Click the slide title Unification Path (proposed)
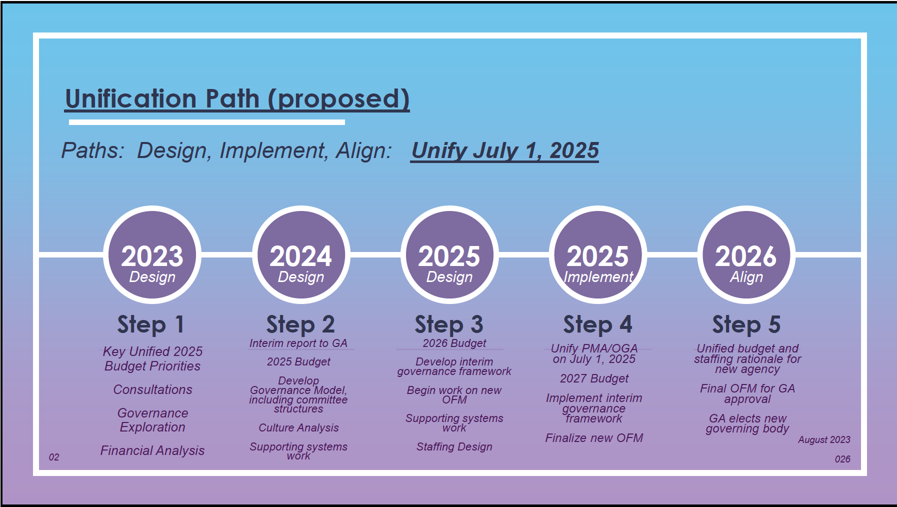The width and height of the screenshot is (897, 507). [237, 99]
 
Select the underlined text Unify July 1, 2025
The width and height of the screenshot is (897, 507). [505, 150]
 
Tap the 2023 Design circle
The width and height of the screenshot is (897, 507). [152, 255]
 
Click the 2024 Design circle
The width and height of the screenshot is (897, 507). [301, 255]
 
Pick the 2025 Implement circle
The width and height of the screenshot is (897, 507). [598, 255]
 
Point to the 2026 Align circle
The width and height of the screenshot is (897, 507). [746, 255]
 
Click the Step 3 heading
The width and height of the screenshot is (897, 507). [449, 324]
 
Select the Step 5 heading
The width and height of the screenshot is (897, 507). [746, 324]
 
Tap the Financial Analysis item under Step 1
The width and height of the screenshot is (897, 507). [152, 450]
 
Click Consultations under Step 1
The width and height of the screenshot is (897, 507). [152, 389]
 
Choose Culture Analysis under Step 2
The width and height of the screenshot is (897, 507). [298, 428]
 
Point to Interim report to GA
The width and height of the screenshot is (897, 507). [298, 343]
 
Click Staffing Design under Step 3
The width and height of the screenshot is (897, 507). [454, 447]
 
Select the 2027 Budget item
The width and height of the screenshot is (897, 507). [594, 378]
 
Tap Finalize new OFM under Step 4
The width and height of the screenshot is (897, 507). [594, 438]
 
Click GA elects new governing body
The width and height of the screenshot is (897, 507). [747, 423]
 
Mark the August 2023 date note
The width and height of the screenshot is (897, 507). [824, 439]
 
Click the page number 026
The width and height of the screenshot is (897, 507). [842, 459]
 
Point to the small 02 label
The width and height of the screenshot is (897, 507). [54, 457]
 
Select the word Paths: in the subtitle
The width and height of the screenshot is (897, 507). [93, 150]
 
